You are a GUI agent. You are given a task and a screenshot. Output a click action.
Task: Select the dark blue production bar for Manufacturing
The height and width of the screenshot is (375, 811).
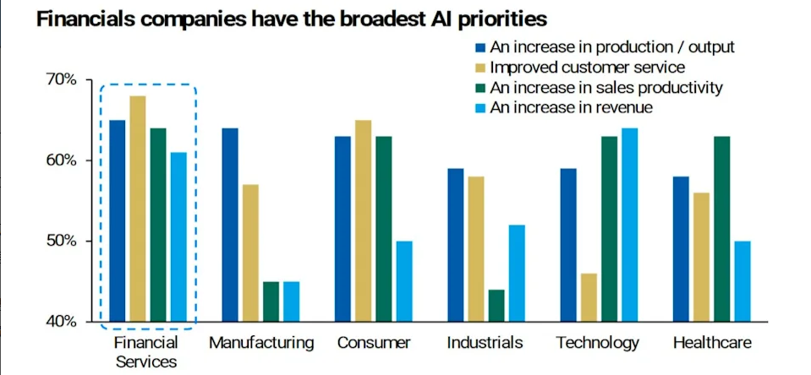click(x=229, y=225)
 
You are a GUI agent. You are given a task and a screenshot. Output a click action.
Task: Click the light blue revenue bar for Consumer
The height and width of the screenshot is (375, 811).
click(x=405, y=281)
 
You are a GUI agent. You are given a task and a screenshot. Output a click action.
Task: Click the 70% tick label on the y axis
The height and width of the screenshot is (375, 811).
click(x=60, y=79)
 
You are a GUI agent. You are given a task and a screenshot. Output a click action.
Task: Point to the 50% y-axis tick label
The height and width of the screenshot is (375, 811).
click(x=60, y=242)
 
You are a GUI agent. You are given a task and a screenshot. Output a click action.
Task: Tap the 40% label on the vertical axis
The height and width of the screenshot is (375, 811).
click(x=60, y=322)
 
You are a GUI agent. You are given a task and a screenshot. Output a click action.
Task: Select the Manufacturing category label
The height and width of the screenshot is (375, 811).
click(x=260, y=344)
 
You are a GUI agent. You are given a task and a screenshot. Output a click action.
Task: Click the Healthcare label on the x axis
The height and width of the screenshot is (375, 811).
click(x=711, y=344)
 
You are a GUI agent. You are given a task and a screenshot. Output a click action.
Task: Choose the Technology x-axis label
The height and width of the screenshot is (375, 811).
click(x=598, y=344)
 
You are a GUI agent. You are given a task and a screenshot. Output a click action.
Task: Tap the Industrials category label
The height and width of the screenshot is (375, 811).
click(x=485, y=344)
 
